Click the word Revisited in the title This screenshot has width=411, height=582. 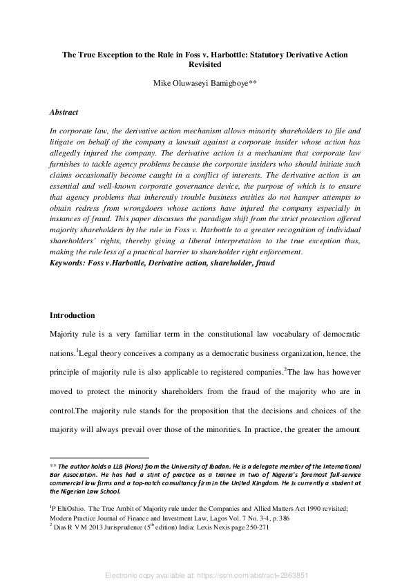[x=205, y=64]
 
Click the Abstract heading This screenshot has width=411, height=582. [x=64, y=112]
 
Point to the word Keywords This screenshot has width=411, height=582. [x=70, y=263]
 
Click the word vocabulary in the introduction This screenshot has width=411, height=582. [x=284, y=334]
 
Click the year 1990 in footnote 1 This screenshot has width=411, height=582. [x=261, y=508]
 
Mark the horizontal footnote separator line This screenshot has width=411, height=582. [x=99, y=458]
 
